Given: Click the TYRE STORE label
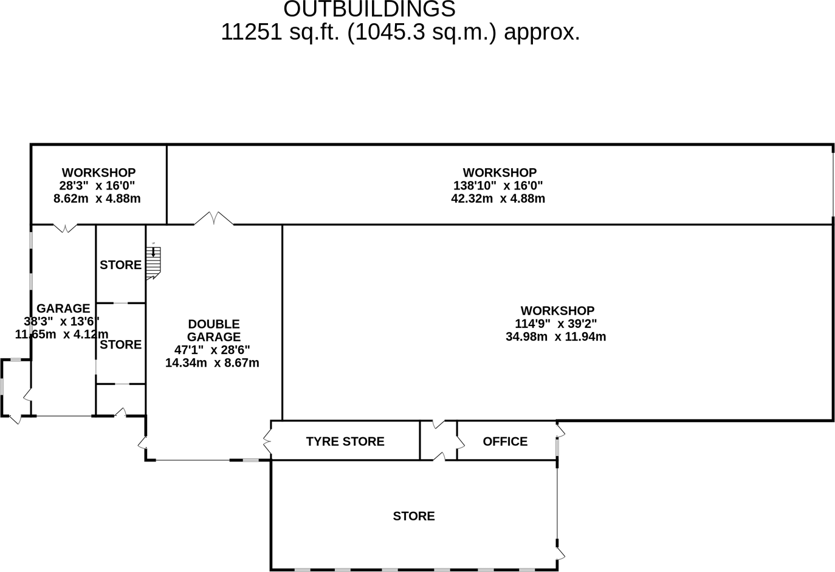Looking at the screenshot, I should [345, 441].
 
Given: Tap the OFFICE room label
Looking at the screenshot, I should [505, 441].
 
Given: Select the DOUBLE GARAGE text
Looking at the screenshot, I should [214, 330].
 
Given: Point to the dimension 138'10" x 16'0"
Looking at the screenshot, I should [498, 186].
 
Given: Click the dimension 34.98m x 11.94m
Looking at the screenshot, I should [555, 336].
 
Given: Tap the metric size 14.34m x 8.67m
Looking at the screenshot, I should [212, 363].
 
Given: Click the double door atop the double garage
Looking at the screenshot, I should [213, 219].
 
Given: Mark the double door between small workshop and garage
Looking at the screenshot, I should [65, 228].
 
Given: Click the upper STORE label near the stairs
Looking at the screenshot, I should [120, 265].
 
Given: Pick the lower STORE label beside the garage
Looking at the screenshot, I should [120, 344].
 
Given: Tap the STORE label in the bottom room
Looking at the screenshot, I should [414, 516].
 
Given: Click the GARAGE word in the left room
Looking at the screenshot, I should [63, 308].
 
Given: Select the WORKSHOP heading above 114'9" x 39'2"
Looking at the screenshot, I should [557, 311].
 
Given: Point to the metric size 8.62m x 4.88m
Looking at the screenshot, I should [97, 199].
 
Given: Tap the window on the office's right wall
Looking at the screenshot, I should [557, 447].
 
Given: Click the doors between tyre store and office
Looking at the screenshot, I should [439, 440].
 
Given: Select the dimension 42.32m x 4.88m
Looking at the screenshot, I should [498, 199].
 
